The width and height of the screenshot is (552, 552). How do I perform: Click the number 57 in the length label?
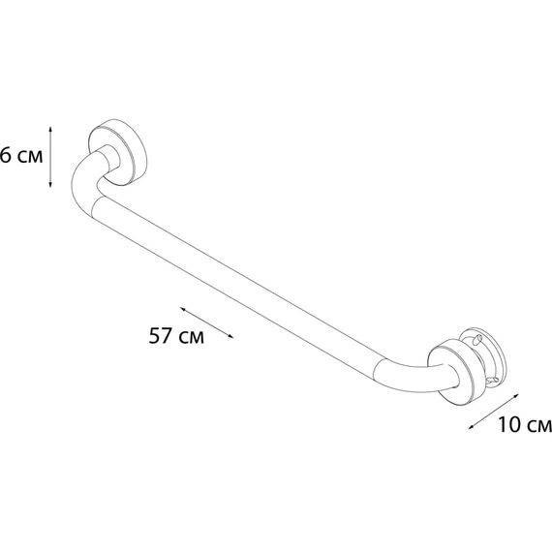click(x=161, y=335)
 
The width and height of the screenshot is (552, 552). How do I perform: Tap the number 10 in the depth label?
click(x=509, y=424)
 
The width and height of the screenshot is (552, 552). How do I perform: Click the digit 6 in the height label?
click(x=5, y=155)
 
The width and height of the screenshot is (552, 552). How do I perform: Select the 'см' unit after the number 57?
click(x=191, y=338)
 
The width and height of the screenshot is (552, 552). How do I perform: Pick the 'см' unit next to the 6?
click(x=30, y=157)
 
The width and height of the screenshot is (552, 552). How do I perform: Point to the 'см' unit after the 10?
click(x=539, y=426)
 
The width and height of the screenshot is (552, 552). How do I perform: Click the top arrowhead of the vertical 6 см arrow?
click(x=50, y=129)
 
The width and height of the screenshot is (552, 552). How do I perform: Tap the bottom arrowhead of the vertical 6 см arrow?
click(x=50, y=184)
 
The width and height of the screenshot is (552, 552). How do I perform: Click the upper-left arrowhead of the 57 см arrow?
click(x=183, y=309)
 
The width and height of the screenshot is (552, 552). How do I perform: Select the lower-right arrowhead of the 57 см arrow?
click(x=230, y=336)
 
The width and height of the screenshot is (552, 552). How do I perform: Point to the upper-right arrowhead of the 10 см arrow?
click(x=516, y=396)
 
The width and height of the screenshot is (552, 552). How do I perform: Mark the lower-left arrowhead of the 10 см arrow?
click(x=471, y=427)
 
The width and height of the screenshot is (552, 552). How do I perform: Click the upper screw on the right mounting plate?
click(x=478, y=339)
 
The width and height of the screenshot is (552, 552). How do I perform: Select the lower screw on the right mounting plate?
click(x=492, y=381)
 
